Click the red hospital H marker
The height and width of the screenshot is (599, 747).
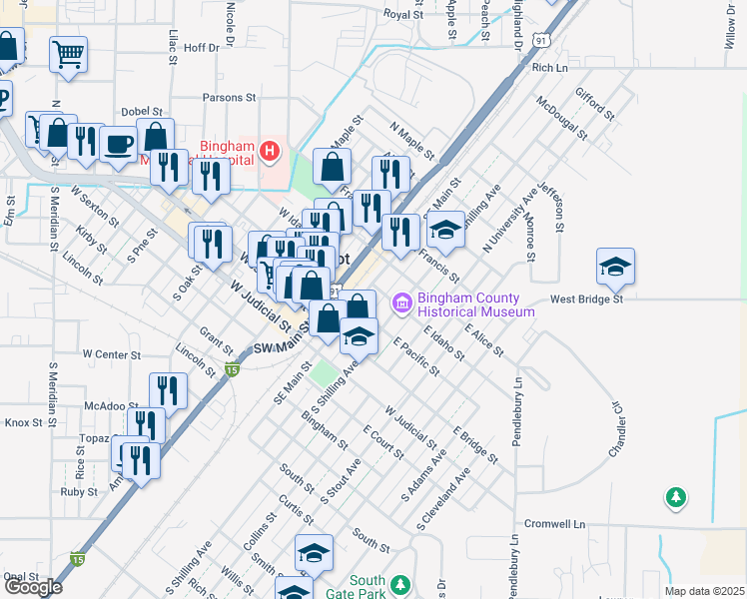269,152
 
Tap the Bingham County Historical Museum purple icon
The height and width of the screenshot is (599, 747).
401,301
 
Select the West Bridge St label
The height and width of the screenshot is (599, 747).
586,299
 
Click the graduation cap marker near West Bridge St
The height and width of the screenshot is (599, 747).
615,267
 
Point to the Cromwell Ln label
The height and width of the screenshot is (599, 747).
555,524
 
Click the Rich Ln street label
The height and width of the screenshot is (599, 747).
549,68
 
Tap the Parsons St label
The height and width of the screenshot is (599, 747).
230,98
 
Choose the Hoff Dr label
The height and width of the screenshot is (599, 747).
201,47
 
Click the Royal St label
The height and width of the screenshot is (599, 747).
404,15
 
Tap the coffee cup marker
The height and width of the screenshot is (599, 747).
118,144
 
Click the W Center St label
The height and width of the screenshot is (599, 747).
112,354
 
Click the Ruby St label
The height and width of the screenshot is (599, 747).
78,492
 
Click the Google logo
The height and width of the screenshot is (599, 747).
33,587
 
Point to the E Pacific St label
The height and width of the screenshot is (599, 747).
416,356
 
